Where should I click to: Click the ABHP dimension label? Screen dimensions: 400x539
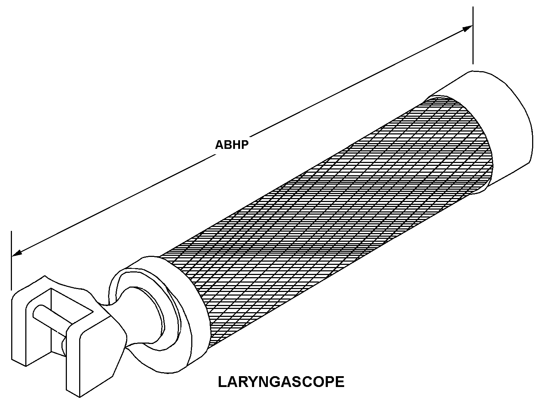click(x=232, y=145)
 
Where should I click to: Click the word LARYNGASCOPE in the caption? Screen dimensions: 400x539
click(x=281, y=382)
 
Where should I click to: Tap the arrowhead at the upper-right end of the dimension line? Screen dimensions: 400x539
click(x=468, y=29)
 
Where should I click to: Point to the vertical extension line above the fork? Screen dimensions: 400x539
click(x=12, y=260)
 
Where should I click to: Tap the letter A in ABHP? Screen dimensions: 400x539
click(x=219, y=145)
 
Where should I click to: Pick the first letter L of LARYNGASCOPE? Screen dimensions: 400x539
click(x=222, y=382)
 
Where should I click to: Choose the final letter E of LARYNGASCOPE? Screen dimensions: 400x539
click(x=340, y=382)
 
